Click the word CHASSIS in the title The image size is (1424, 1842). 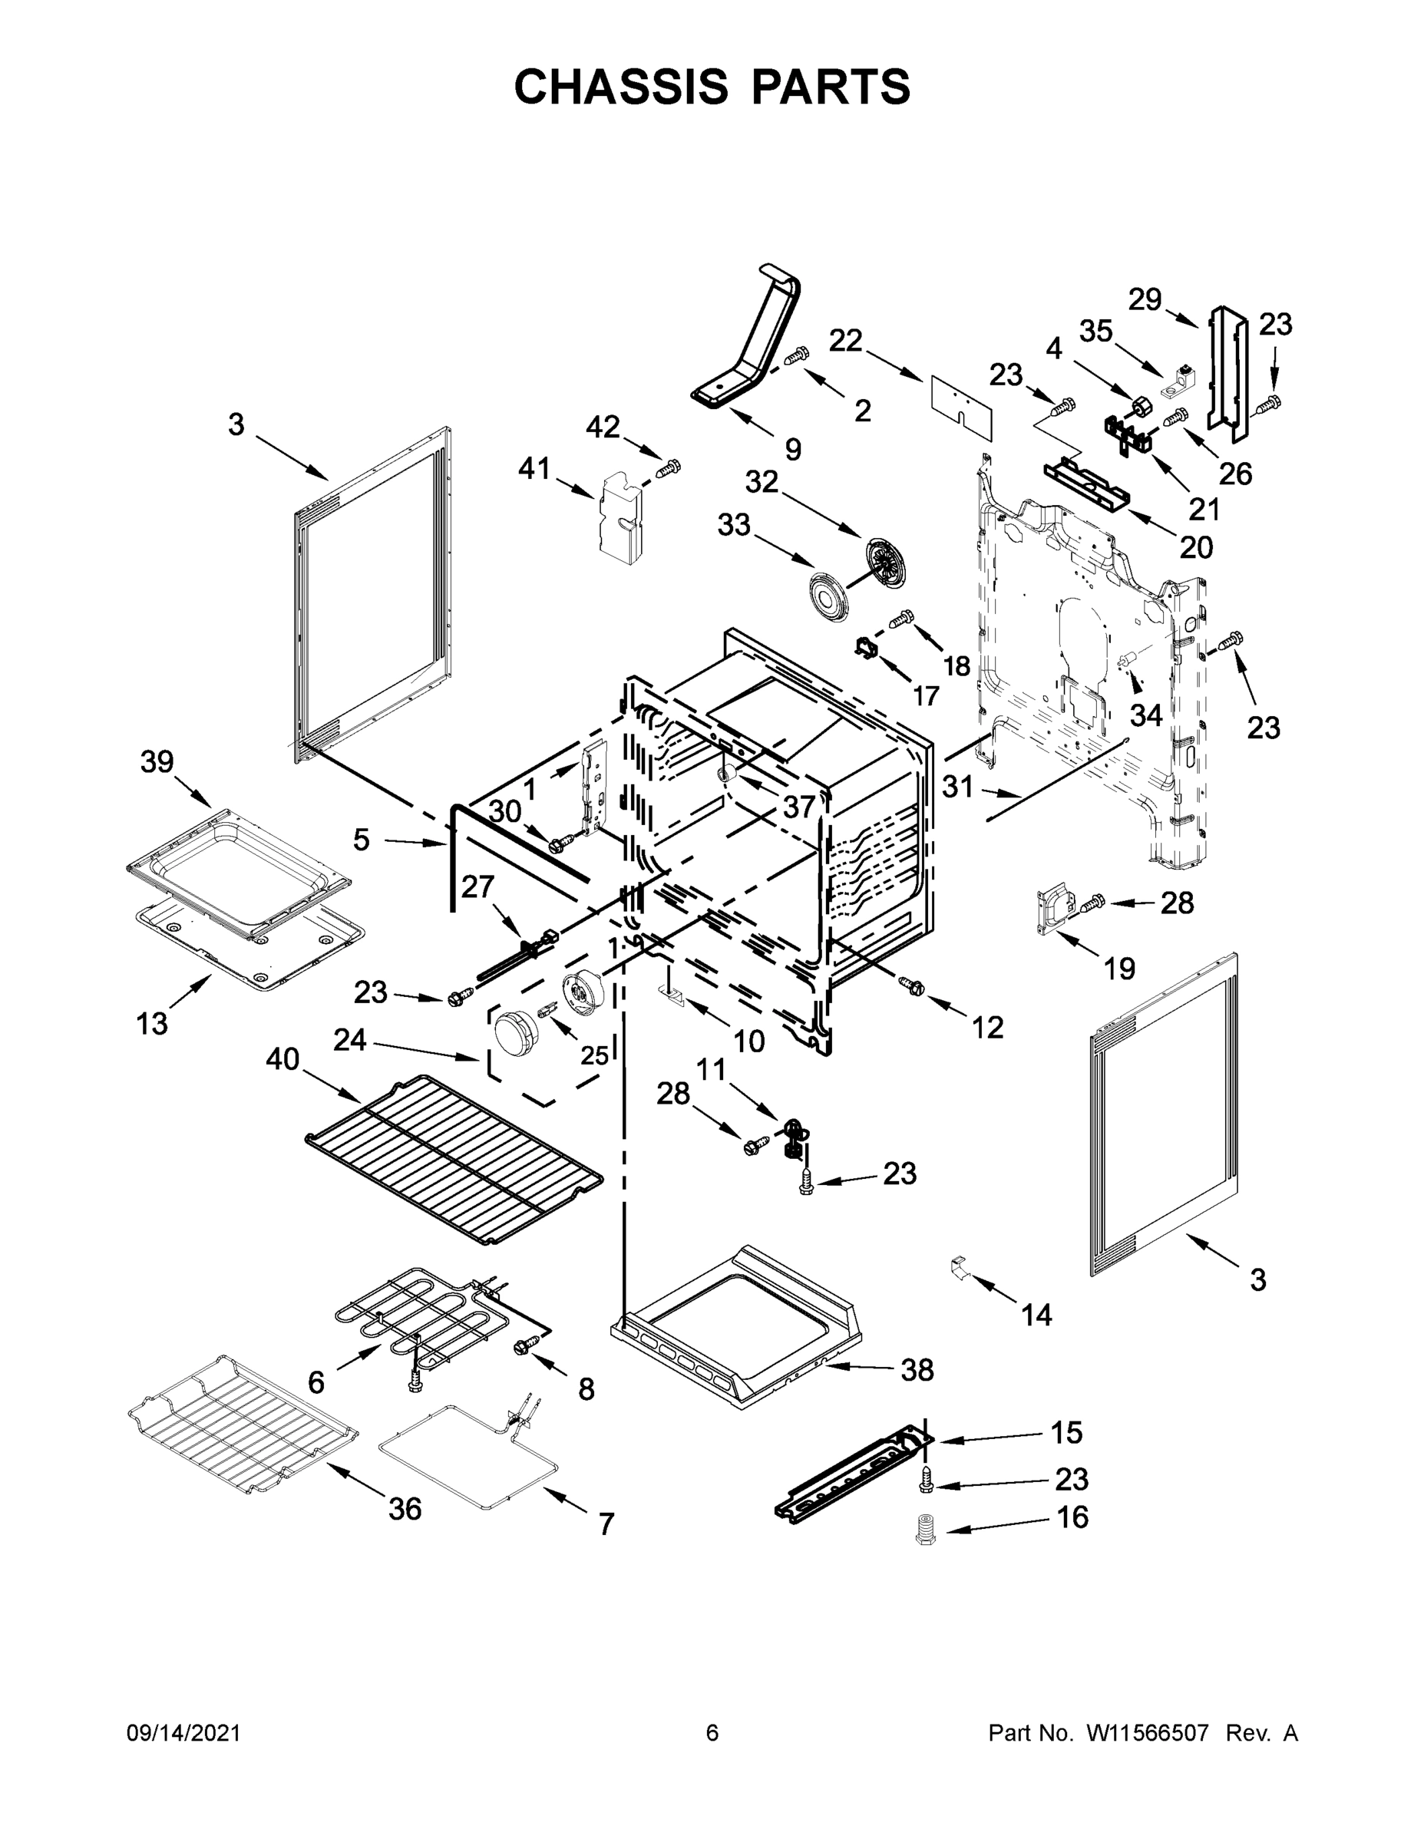pyautogui.click(x=621, y=86)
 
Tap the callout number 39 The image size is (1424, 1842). pyautogui.click(x=157, y=761)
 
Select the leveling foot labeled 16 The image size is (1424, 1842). pyautogui.click(x=927, y=1530)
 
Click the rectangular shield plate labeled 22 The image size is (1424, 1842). pyautogui.click(x=962, y=408)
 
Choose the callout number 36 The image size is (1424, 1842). pyautogui.click(x=405, y=1509)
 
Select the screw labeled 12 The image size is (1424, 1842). pyautogui.click(x=911, y=983)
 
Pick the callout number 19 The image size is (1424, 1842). pyautogui.click(x=1119, y=969)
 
